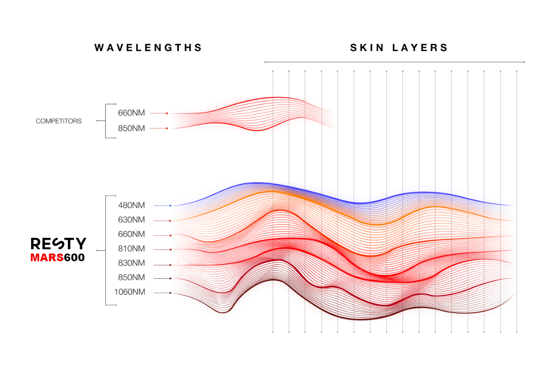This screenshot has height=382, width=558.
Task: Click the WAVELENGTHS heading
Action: tap(148, 48)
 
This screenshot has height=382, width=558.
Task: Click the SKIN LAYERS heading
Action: tap(399, 48)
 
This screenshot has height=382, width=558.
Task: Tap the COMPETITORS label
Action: tap(59, 121)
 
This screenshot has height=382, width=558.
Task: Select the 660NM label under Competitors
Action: tap(131, 113)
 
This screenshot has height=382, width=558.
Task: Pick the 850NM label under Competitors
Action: tap(131, 128)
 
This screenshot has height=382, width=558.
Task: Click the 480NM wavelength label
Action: tap(131, 205)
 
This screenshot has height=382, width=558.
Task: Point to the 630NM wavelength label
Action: tap(131, 220)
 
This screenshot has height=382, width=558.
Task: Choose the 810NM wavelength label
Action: tap(131, 249)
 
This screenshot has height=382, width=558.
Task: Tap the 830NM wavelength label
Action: tap(131, 263)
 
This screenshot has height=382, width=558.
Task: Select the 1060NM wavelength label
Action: tap(129, 292)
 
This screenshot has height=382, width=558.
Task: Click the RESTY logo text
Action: tap(58, 244)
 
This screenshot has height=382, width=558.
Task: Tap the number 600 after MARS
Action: tap(74, 258)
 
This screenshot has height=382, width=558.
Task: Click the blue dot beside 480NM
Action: tap(170, 205)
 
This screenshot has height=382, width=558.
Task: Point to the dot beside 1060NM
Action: tap(170, 293)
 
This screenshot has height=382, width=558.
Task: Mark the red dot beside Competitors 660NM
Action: tap(167, 113)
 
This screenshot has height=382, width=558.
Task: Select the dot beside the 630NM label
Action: tap(170, 221)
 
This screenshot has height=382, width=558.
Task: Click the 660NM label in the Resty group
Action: tap(131, 234)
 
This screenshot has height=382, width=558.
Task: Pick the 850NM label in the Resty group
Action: tap(131, 277)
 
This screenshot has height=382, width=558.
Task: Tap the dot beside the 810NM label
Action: tap(170, 249)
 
